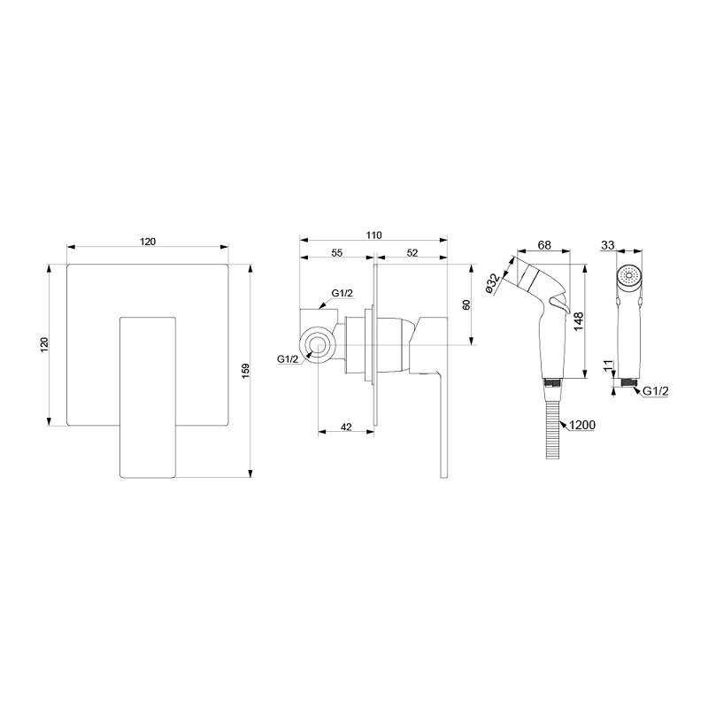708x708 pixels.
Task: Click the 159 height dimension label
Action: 246,371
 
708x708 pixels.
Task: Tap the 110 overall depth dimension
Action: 373,235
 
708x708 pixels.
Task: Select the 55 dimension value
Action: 337,253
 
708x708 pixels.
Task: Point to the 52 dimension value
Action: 412,253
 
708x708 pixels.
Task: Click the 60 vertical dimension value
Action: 466,304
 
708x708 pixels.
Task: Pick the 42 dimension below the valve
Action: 346,427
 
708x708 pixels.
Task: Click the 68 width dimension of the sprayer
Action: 544,245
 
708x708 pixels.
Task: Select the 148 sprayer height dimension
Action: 579,321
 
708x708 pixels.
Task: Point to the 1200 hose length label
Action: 582,425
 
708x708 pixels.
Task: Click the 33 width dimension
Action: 608,245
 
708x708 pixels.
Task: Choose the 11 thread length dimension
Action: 609,366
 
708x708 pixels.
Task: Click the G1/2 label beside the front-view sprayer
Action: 655,391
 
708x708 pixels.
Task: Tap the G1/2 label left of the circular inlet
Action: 288,359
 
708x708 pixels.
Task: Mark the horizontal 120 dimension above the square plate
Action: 148,242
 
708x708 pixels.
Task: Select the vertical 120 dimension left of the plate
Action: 44,345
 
